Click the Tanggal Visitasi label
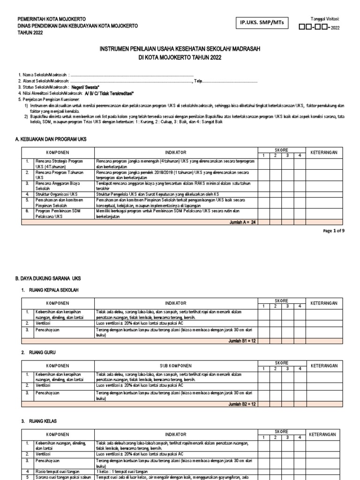[324, 19]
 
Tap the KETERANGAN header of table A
[324, 153]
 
